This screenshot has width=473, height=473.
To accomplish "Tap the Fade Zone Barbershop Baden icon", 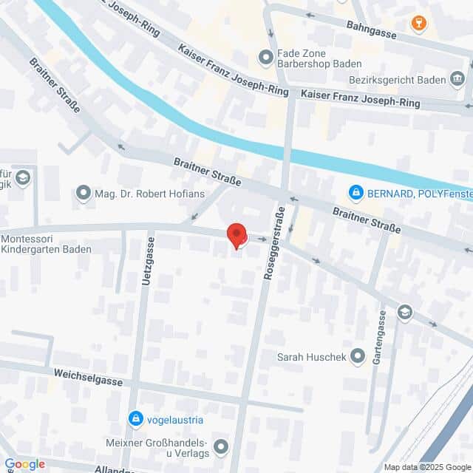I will (265, 57).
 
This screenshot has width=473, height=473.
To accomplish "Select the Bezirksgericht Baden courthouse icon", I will (457, 78).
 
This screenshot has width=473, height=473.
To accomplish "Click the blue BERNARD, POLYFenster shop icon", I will (356, 194).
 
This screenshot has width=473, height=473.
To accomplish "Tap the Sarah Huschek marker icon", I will (358, 357).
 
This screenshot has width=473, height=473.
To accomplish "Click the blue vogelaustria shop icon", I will (135, 420).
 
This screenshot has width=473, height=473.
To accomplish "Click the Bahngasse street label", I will (371, 29).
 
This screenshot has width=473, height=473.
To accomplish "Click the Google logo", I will (24, 463).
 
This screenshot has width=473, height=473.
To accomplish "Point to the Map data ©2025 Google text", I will (426, 467).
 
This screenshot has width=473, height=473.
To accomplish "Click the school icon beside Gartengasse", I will (404, 313).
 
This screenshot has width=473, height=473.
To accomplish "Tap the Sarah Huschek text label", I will (310, 357).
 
